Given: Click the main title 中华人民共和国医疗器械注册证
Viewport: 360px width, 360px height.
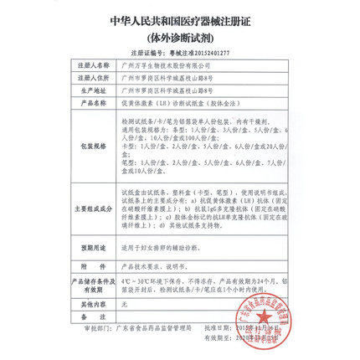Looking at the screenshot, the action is click(180, 18).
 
